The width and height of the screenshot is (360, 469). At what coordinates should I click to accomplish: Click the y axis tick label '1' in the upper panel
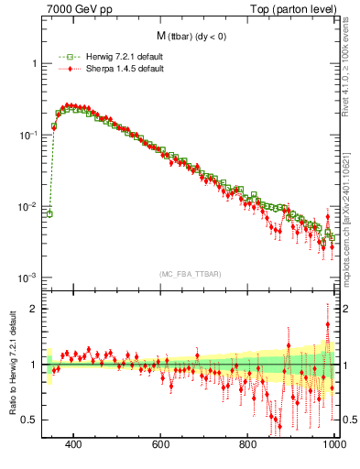[34, 63]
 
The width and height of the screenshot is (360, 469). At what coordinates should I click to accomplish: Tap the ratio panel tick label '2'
[34, 309]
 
